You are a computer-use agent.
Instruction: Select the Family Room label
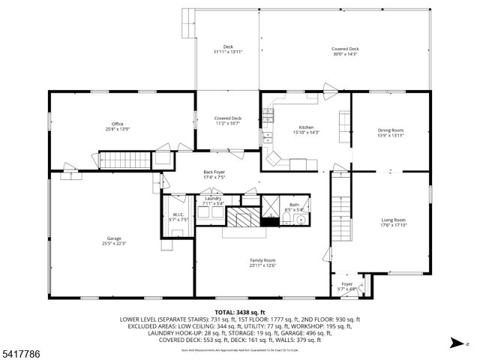point(262,259)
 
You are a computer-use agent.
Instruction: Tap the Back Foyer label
point(214,172)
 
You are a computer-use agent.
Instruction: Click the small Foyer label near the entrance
point(346,284)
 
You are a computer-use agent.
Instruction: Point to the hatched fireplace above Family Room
point(242,218)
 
